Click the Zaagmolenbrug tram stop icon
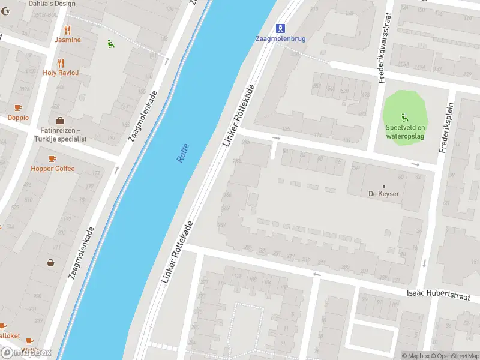coord(280,28)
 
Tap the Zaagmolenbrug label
coord(280,38)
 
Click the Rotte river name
coord(183,153)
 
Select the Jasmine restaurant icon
coord(67,29)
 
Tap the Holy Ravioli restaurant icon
coord(61,62)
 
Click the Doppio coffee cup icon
coord(18,107)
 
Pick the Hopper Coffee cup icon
coord(53,158)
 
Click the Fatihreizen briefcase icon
coord(60,120)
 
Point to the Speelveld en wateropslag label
coord(405,131)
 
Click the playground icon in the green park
coord(405,116)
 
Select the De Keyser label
coord(384,194)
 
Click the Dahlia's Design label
coord(52,4)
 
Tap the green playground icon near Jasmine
coord(110,44)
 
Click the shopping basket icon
coord(51,262)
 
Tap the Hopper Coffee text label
coord(53,169)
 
